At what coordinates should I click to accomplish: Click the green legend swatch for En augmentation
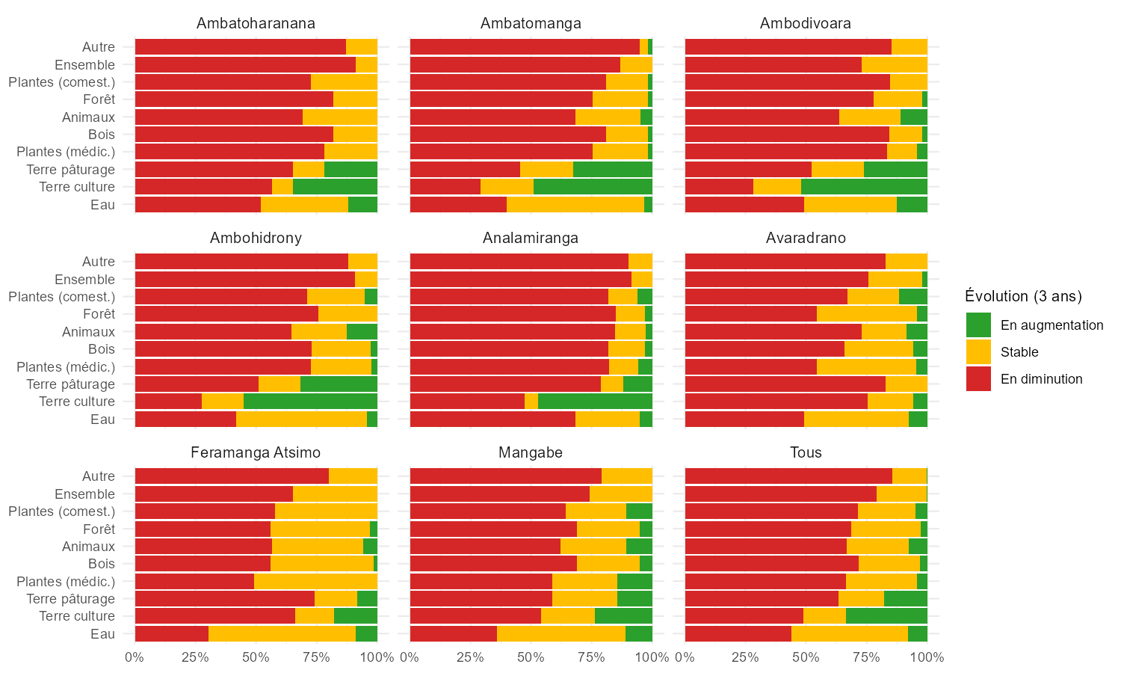978,325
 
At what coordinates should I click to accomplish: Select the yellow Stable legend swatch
978,352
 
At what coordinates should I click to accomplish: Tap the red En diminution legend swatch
978,379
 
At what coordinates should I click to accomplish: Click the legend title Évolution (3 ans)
1023,296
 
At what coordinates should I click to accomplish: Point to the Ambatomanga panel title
531,23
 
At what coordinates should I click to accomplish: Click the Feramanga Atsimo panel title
256,452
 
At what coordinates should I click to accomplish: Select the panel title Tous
806,452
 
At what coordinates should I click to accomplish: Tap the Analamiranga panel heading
531,238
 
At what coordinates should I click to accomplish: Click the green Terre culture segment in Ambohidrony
310,402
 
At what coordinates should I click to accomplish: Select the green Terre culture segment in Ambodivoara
864,187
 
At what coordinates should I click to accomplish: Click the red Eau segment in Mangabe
453,634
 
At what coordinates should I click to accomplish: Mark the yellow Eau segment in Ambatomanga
575,204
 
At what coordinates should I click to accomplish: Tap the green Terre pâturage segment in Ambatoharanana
350,170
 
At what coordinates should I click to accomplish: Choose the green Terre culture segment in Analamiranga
595,402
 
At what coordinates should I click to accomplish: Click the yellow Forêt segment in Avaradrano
867,314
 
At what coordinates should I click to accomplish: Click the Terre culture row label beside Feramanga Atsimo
77,616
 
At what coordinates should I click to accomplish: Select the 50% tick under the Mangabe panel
531,658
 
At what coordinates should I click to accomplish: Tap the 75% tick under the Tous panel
867,658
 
